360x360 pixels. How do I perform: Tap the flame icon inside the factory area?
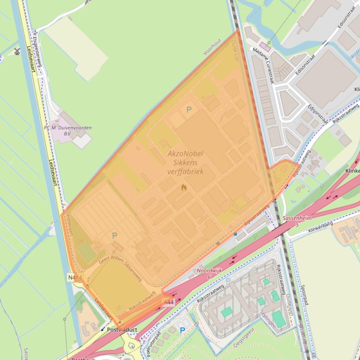coord(184,187)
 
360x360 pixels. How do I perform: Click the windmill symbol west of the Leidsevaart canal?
coord(17,51)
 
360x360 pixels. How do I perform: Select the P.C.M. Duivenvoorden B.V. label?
coord(68,130)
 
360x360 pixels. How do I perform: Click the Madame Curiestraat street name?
coord(264,66)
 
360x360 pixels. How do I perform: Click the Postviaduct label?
coord(122,330)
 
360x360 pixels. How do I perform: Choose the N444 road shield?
coord(74,278)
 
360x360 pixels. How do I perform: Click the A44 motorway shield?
coord(168,302)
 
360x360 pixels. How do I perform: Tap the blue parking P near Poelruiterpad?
coord(182,331)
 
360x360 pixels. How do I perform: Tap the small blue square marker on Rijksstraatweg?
coord(235,234)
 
